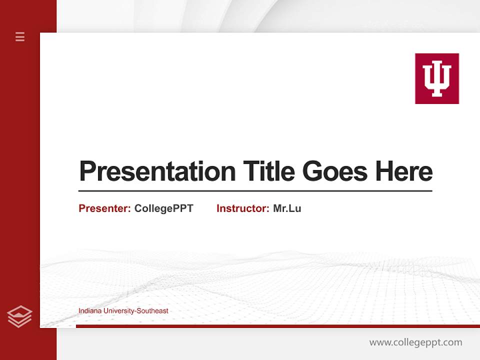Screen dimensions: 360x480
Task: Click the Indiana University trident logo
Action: tap(436, 78)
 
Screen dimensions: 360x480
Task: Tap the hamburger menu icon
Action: tap(20, 36)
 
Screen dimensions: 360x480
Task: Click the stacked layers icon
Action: tap(19, 316)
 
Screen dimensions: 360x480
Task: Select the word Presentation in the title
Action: tap(157, 172)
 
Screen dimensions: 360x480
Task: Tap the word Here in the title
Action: tap(404, 171)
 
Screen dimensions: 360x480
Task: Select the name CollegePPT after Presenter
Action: tap(163, 208)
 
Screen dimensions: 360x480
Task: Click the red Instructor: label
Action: tap(243, 208)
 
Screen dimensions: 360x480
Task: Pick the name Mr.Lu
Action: tap(287, 208)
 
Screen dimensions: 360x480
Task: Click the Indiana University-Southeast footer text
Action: tap(123, 311)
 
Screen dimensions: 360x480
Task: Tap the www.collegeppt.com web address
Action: tap(415, 342)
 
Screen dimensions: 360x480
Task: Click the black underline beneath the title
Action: tap(255, 191)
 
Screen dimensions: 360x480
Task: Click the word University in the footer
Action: tap(117, 311)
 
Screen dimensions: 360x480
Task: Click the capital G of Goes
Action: tap(313, 171)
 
